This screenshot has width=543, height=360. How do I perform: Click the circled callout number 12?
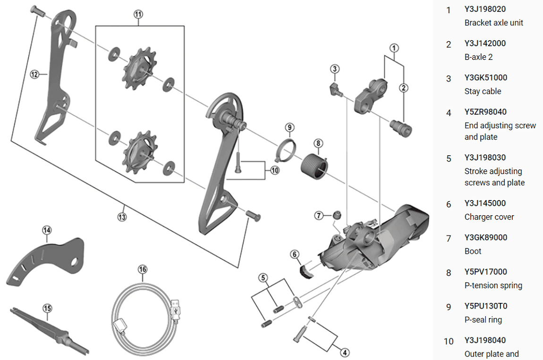[34, 74]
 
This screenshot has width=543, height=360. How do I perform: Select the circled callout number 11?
[137, 15]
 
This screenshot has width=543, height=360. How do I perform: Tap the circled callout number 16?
[143, 269]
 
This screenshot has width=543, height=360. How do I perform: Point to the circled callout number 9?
[289, 127]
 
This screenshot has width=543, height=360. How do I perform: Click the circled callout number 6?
[295, 254]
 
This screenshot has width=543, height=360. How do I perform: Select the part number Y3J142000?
[485, 43]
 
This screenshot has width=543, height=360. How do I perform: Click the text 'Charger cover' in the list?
[489, 217]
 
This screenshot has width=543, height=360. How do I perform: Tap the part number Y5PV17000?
[485, 272]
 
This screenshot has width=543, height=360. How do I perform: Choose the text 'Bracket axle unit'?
[494, 23]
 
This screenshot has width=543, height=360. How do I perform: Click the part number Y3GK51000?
[485, 78]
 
